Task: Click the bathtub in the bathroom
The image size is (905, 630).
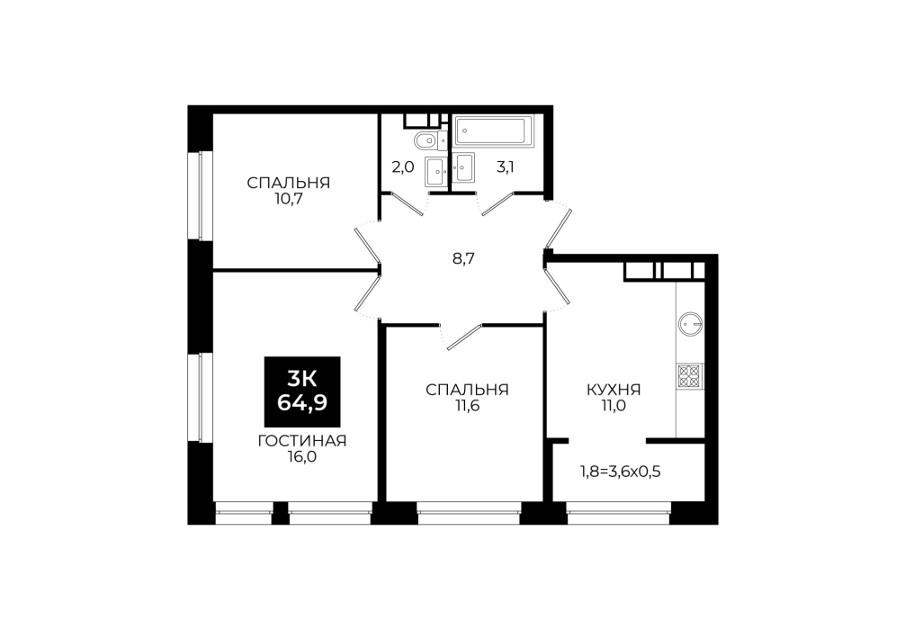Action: pyautogui.click(x=494, y=131)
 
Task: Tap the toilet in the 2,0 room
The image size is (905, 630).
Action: pyautogui.click(x=430, y=140)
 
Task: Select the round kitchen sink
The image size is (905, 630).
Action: pyautogui.click(x=690, y=324)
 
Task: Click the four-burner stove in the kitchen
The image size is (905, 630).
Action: pyautogui.click(x=690, y=376)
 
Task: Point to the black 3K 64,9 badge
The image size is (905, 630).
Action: pyautogui.click(x=302, y=391)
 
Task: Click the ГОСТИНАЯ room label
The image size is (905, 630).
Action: pyautogui.click(x=302, y=441)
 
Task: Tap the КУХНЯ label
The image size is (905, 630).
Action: pyautogui.click(x=614, y=390)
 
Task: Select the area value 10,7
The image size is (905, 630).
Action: pyautogui.click(x=289, y=200)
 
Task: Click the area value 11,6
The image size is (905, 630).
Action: pyautogui.click(x=467, y=406)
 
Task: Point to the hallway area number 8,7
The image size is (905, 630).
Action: pyautogui.click(x=463, y=258)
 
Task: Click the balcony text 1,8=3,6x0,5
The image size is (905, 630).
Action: pyautogui.click(x=620, y=472)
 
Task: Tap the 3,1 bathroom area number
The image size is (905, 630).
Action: pyautogui.click(x=505, y=167)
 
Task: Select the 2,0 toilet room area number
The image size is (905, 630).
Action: pyautogui.click(x=403, y=167)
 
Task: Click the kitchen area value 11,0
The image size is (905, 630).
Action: pyautogui.click(x=614, y=406)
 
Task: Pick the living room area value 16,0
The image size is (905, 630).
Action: pyautogui.click(x=302, y=457)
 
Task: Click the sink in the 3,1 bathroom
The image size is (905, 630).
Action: pyautogui.click(x=463, y=167)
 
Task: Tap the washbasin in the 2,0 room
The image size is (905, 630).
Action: pyautogui.click(x=435, y=172)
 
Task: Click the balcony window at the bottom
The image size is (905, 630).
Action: pyautogui.click(x=617, y=513)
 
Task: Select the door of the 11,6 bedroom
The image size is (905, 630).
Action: pyautogui.click(x=463, y=337)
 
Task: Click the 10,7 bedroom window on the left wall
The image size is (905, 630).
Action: pyautogui.click(x=200, y=196)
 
